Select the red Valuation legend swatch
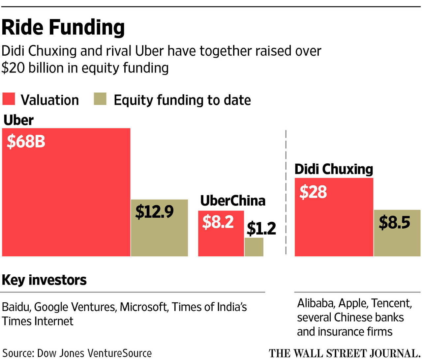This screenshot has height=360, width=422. pyautogui.click(x=9, y=99)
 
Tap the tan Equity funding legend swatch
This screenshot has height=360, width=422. pyautogui.click(x=100, y=99)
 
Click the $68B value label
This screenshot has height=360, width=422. pyautogui.click(x=26, y=141)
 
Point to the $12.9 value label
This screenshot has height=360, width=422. pyautogui.click(x=154, y=211)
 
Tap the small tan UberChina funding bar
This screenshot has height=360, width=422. pyautogui.click(x=254, y=247)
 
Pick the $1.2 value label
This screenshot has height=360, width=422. pyautogui.click(x=261, y=228)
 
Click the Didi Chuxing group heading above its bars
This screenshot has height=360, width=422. pyautogui.click(x=334, y=169)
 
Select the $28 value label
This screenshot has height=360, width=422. pyautogui.click(x=313, y=192)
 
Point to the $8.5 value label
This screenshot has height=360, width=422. pyautogui.click(x=394, y=222)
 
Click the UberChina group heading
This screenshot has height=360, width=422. pyautogui.click(x=233, y=201)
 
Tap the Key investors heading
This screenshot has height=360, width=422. pyautogui.click(x=44, y=280)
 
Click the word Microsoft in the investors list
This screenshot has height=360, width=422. pyautogui.click(x=143, y=307)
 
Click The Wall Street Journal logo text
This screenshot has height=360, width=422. pyautogui.click(x=345, y=353)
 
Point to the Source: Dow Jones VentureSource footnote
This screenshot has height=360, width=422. pyautogui.click(x=77, y=353)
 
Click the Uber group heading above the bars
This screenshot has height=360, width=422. pyautogui.click(x=18, y=120)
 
